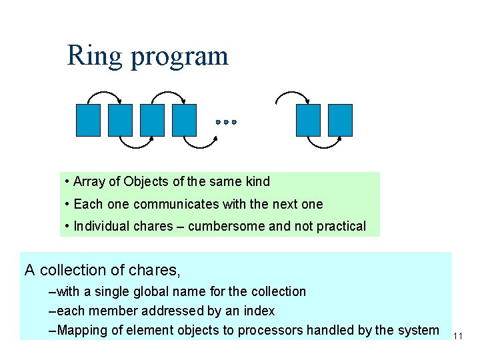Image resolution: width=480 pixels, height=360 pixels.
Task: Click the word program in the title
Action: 179,57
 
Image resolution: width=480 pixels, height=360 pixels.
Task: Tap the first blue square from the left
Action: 88,120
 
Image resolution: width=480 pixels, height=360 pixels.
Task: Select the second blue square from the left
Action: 120,120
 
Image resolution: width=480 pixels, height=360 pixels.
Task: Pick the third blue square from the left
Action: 152,120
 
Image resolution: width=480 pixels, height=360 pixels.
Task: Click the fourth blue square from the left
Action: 184,120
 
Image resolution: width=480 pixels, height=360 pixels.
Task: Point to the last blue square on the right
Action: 340,120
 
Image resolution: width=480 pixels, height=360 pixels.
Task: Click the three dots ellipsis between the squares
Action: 226,123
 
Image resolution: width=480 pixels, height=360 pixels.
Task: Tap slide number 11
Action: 457,337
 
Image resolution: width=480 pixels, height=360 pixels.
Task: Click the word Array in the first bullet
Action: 88,181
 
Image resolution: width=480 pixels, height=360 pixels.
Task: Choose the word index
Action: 258,311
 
